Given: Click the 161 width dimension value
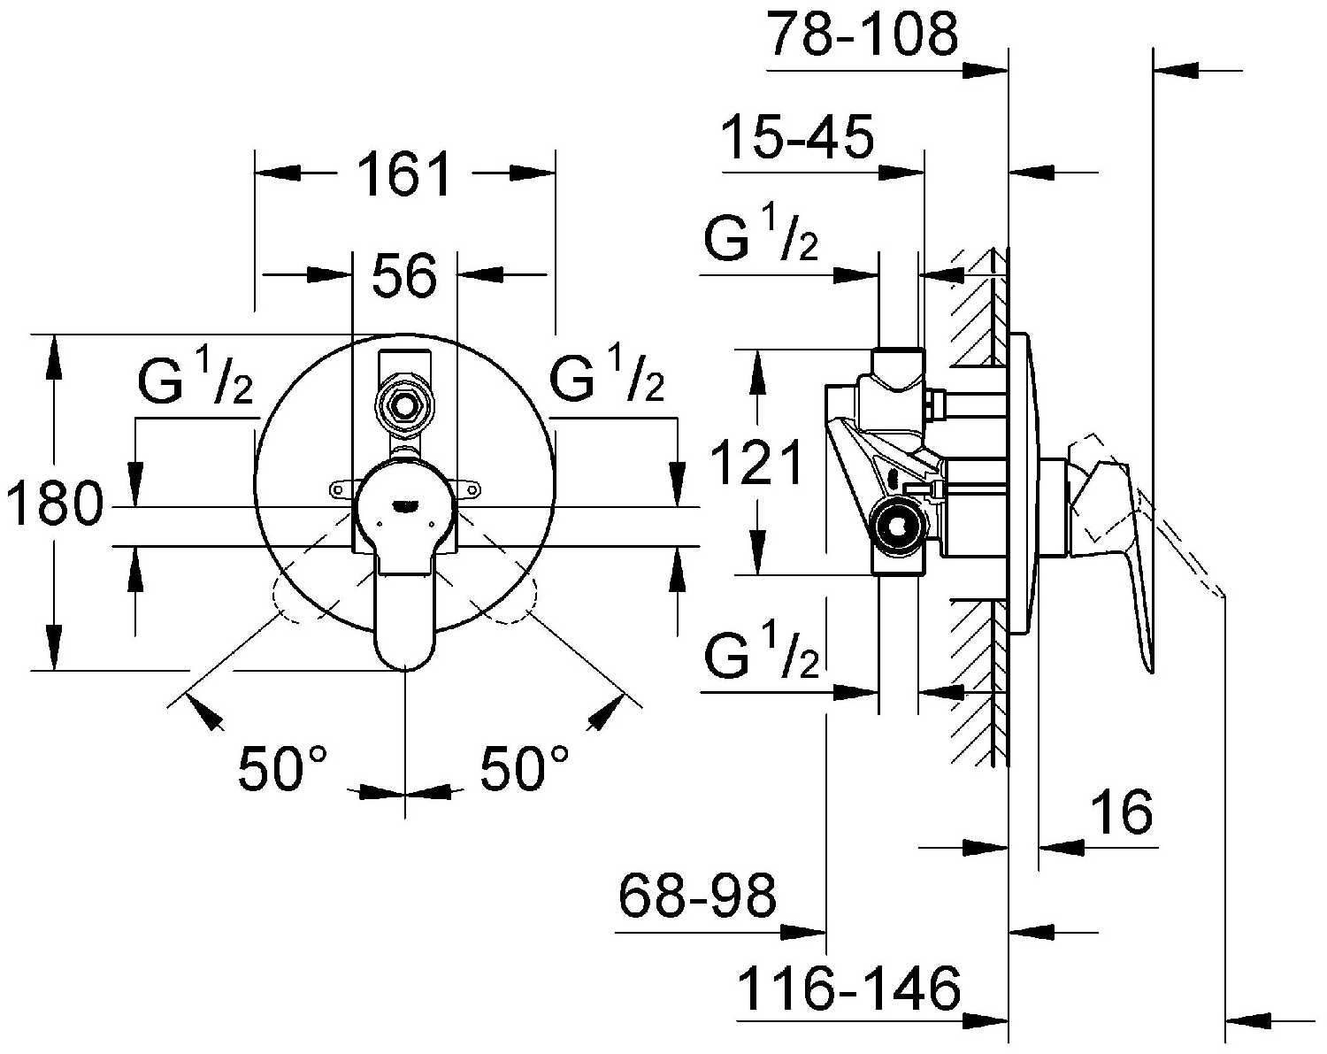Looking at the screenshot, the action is click(x=404, y=174).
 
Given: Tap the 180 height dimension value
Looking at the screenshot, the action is click(x=54, y=504).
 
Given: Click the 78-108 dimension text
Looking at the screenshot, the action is click(x=862, y=34).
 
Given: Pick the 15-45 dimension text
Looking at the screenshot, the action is click(x=797, y=136).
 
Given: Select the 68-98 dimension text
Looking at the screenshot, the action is click(x=697, y=895).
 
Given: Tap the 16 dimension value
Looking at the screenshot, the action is click(x=1121, y=812).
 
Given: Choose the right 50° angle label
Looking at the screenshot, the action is click(x=524, y=768).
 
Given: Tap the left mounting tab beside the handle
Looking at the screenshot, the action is click(x=343, y=490).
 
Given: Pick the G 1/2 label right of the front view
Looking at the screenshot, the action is click(x=606, y=374).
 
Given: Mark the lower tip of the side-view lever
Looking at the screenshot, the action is click(x=1149, y=672).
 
